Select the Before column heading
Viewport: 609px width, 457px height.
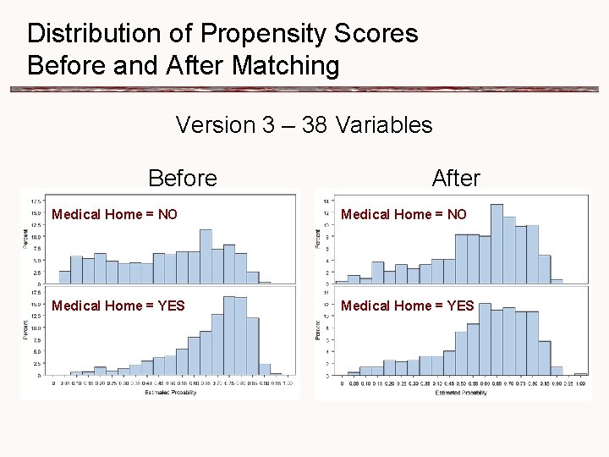click(182, 178)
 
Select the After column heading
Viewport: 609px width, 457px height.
click(455, 178)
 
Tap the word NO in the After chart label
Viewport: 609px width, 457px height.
click(457, 214)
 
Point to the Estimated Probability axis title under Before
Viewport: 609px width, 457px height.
click(172, 393)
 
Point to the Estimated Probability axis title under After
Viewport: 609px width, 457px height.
click(460, 393)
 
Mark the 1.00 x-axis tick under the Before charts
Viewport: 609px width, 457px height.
click(288, 383)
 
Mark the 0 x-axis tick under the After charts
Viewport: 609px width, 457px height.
click(336, 383)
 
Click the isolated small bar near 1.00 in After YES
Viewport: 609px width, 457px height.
click(580, 373)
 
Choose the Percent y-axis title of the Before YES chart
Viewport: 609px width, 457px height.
click(25, 328)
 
